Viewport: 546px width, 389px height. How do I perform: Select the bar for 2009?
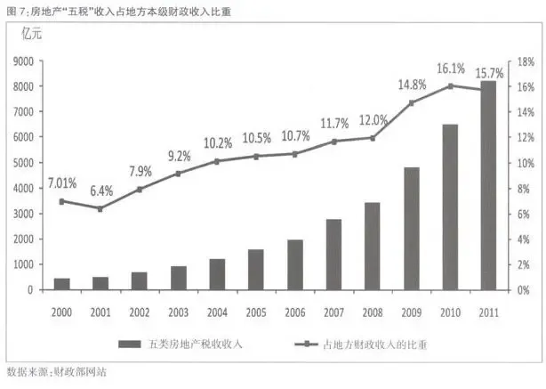click(x=411, y=228)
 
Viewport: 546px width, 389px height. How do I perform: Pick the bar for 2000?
click(x=61, y=283)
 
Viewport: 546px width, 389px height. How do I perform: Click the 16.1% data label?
click(x=451, y=68)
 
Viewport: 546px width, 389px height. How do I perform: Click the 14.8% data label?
click(x=411, y=85)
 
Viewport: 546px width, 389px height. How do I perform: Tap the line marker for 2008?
click(x=373, y=138)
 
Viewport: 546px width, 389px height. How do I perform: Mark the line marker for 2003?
click(x=178, y=174)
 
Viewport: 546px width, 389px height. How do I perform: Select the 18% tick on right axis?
click(x=525, y=61)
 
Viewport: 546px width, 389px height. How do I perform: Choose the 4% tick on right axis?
click(x=522, y=239)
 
